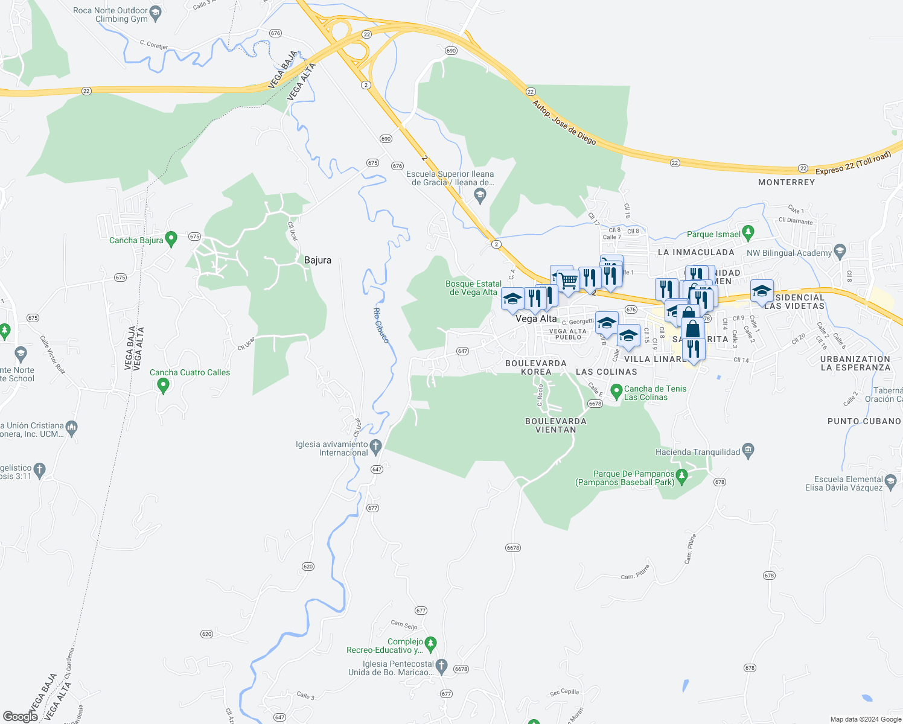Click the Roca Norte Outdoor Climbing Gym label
point(110,14)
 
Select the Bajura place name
point(317,260)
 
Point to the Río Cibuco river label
point(381,325)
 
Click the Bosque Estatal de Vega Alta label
point(473,288)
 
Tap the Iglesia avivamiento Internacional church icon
point(376,447)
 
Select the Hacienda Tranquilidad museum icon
point(748,451)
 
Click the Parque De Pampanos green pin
point(682,476)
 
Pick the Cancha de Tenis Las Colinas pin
point(616,392)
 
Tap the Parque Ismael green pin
point(748,232)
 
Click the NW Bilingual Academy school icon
point(840,251)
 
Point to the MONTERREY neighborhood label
point(786,182)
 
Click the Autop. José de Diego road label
point(564,122)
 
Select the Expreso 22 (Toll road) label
point(852,164)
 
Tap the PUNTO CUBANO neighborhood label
point(864,421)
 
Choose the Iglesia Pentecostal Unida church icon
point(441,666)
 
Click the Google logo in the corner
point(20,716)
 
